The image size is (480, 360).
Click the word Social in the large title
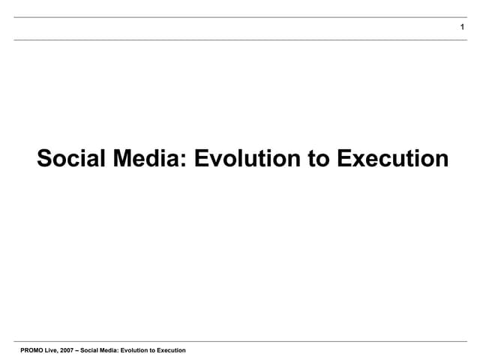(x=72, y=159)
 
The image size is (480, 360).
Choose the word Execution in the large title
(x=391, y=159)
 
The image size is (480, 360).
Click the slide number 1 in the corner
(x=463, y=28)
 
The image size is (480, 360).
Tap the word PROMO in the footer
(x=33, y=350)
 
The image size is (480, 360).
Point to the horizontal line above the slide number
(x=240, y=17)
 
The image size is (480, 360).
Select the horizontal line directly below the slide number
(x=240, y=40)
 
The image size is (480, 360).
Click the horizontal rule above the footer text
(x=240, y=341)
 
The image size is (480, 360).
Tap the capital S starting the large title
(x=44, y=159)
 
